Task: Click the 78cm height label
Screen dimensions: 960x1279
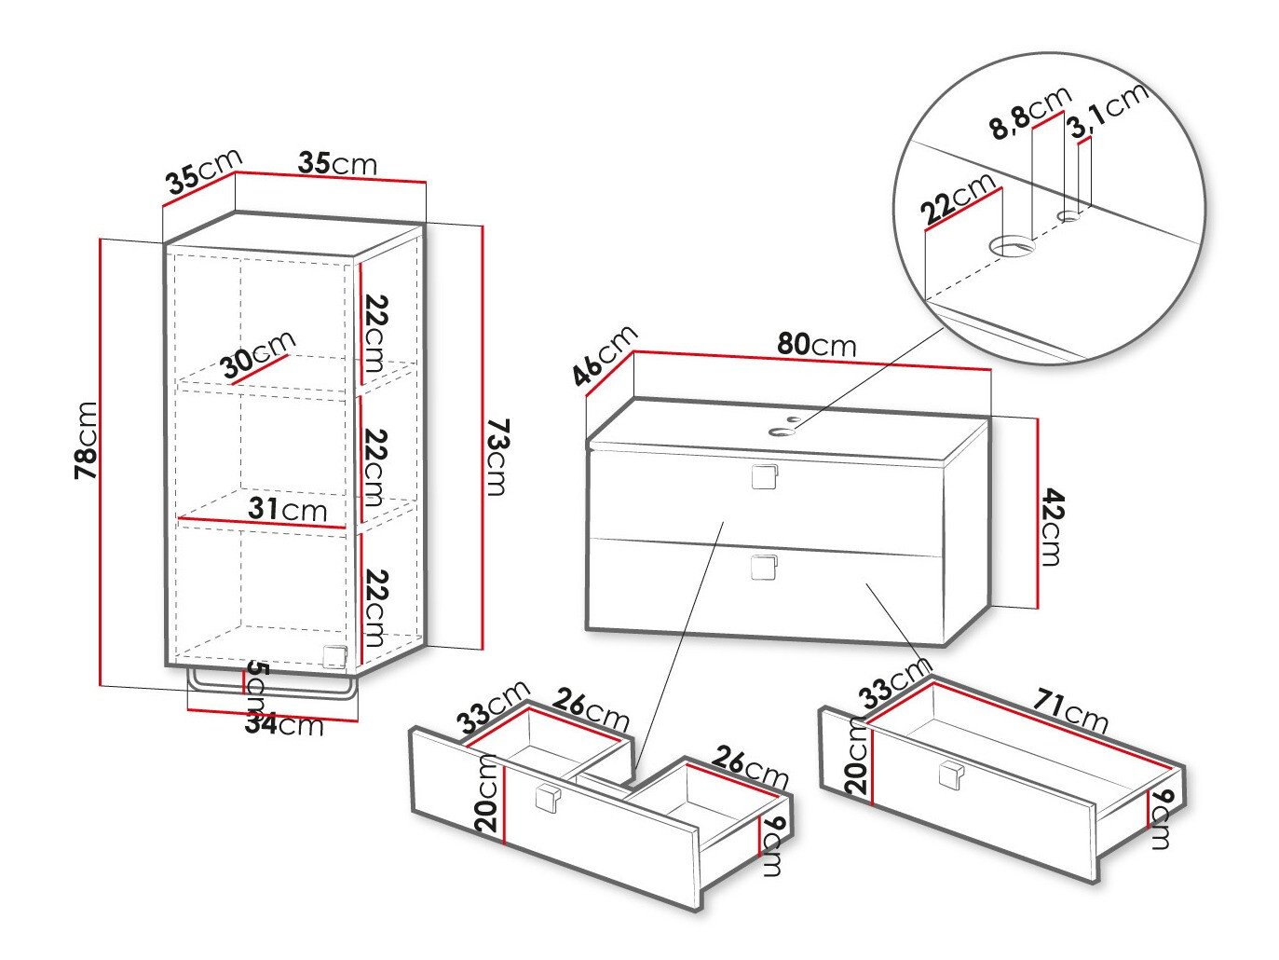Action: (86, 440)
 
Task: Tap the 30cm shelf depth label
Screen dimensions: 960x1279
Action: (258, 354)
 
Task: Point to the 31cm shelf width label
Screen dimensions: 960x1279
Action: (288, 509)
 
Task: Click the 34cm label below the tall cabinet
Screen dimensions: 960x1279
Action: (284, 723)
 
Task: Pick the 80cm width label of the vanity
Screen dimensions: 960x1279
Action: (816, 344)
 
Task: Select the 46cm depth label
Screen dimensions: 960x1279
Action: (605, 354)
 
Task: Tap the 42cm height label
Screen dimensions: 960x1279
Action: (1049, 527)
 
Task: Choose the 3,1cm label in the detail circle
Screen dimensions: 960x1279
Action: (1108, 109)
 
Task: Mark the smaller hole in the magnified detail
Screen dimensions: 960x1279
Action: (1069, 216)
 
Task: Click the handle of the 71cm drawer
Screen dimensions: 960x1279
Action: (951, 775)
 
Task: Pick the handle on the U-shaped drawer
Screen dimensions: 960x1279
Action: (546, 800)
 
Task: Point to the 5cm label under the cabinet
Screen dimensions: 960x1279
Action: (257, 682)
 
